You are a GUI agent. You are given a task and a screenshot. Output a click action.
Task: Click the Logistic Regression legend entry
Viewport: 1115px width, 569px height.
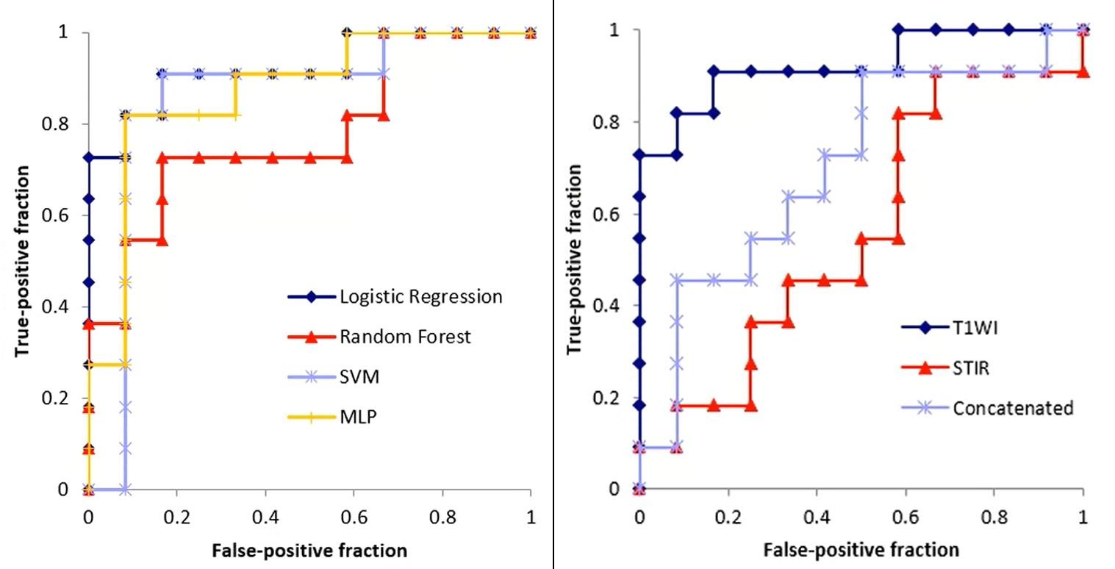[421, 297]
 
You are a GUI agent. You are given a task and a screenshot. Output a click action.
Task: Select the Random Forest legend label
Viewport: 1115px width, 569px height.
[406, 337]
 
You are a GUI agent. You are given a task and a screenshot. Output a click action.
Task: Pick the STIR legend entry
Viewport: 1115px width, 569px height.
[971, 368]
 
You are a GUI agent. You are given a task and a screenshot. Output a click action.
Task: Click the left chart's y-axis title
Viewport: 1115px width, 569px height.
[23, 261]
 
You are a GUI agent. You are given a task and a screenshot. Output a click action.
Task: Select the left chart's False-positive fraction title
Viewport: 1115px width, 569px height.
[309, 550]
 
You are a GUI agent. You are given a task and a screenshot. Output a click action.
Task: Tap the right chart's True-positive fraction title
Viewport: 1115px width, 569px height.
[576, 259]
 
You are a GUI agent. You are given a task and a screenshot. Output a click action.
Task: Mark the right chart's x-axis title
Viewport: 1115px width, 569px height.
[861, 548]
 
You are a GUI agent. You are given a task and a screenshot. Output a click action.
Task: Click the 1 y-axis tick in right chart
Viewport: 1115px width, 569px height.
[617, 30]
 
